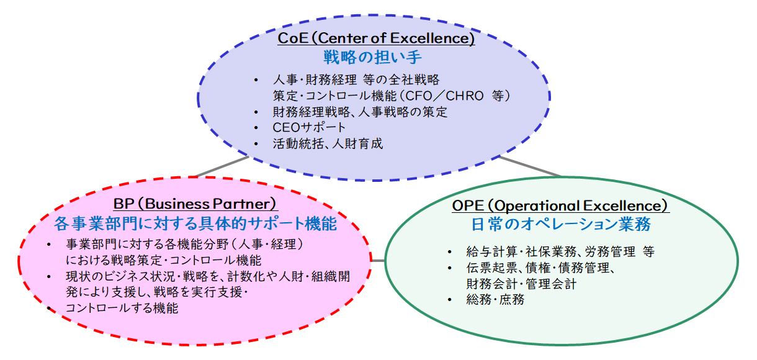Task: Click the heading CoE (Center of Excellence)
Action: [x=376, y=38]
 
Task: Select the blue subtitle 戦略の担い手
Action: [x=372, y=56]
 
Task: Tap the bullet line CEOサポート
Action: [x=309, y=127]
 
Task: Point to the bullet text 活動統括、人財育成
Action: [x=328, y=143]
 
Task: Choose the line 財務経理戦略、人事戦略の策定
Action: [x=360, y=112]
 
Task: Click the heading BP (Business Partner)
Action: [x=195, y=204]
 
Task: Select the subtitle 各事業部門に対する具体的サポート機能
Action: [x=195, y=223]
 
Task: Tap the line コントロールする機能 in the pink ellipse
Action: [x=122, y=308]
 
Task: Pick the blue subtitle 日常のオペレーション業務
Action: [x=561, y=224]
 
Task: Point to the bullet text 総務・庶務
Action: [x=495, y=300]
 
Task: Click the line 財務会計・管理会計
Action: [x=521, y=284]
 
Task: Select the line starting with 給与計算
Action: [x=560, y=251]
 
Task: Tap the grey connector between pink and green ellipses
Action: [x=378, y=261]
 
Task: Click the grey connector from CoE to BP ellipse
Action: [x=222, y=166]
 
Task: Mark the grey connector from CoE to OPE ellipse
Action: [x=530, y=166]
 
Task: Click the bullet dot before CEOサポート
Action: [x=256, y=128]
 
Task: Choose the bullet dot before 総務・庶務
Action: [x=449, y=300]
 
